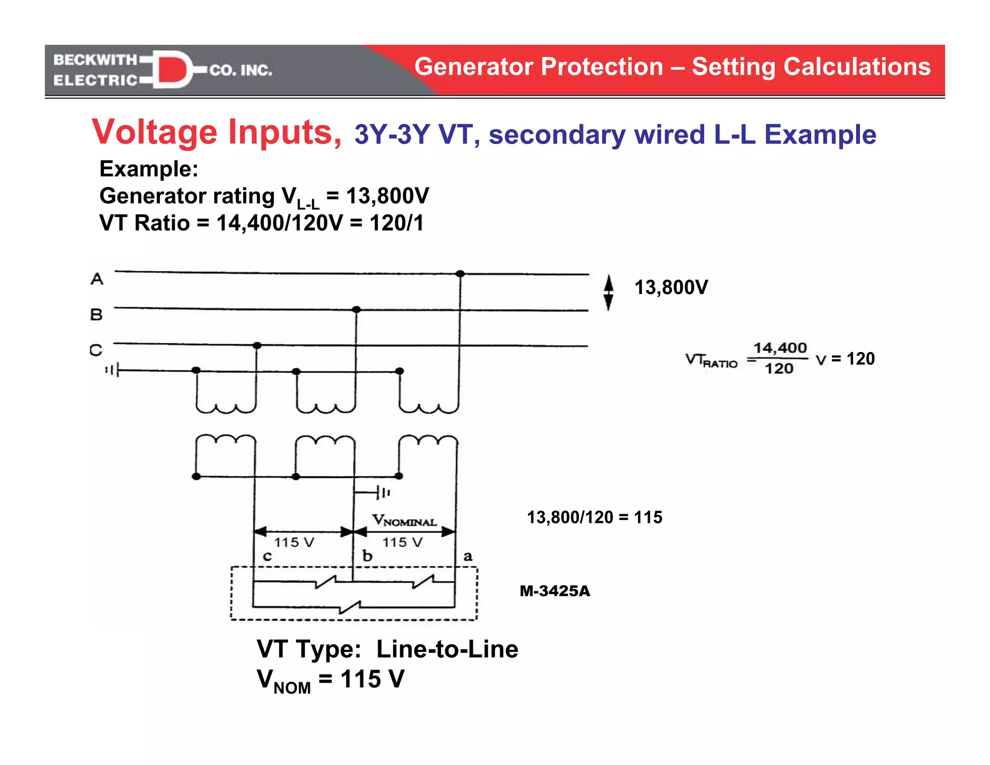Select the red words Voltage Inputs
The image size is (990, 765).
coord(217,132)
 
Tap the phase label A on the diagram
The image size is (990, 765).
coord(97,279)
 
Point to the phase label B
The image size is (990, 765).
coord(96,314)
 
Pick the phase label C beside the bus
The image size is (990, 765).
coord(96,350)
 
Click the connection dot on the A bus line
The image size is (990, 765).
coord(460,274)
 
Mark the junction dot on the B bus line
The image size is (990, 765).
coord(356,309)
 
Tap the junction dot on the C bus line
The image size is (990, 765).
coord(257,345)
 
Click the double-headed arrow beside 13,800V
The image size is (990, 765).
coord(609,292)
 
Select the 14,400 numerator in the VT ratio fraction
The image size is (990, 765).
coord(780,348)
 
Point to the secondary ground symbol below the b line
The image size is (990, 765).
coord(383,493)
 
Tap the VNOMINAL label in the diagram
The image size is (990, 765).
coord(404,520)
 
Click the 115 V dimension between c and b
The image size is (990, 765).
coord(294,542)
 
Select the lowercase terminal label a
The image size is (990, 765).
coord(467,557)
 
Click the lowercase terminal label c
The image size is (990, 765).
coord(267,557)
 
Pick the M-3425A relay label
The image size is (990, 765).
coord(554,591)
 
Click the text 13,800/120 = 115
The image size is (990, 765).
coord(594,517)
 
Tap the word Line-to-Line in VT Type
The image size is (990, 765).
coord(447,649)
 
